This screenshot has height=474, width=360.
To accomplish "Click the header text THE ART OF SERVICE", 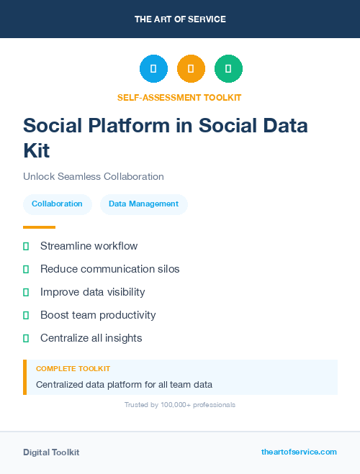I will click(180, 19).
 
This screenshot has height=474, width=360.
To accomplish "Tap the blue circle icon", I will click(153, 69).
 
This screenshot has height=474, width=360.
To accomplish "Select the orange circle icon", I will click(191, 69).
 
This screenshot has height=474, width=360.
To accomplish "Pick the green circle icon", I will click(228, 69).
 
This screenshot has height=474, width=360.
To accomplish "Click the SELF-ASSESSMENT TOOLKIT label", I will click(179, 97).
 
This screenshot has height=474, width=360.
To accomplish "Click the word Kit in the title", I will click(37, 150).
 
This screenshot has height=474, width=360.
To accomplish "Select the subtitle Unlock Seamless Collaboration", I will click(94, 176).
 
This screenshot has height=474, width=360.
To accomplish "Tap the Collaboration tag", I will click(57, 204).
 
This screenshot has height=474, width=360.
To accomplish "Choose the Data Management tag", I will click(143, 204).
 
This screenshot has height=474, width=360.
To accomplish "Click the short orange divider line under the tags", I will click(39, 227).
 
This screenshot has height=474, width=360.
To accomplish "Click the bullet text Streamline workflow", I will click(89, 246).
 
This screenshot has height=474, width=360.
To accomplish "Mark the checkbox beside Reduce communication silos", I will click(26, 269).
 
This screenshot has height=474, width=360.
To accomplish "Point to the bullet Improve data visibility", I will click(92, 292).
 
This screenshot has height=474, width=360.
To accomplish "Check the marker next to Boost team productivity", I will click(26, 315).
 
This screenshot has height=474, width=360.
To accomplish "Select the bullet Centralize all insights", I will click(91, 338).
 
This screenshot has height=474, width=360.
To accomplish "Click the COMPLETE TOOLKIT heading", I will click(73, 368).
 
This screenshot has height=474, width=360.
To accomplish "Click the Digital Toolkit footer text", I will click(51, 452).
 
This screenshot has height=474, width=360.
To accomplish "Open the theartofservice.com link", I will click(299, 452).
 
